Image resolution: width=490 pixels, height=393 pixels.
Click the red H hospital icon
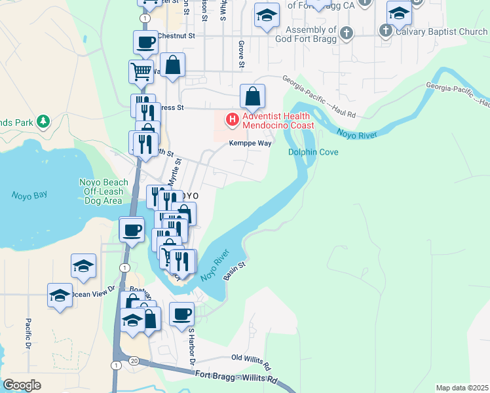231,119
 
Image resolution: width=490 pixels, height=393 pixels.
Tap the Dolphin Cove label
313,153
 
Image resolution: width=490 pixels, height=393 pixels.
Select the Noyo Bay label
29,195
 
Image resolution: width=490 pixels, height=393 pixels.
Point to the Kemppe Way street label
250,143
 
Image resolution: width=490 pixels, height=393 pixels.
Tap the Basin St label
234,271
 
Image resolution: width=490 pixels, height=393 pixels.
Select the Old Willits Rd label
251,360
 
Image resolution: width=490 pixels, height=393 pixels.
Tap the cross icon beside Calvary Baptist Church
386,30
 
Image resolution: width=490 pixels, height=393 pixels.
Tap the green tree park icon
43,121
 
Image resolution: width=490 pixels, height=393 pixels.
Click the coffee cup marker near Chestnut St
145,43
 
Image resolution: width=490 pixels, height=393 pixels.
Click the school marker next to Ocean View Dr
60,295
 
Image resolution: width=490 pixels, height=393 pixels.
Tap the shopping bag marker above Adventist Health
252,97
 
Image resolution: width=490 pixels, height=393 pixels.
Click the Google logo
22,385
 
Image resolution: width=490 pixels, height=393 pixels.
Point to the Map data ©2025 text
462,388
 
